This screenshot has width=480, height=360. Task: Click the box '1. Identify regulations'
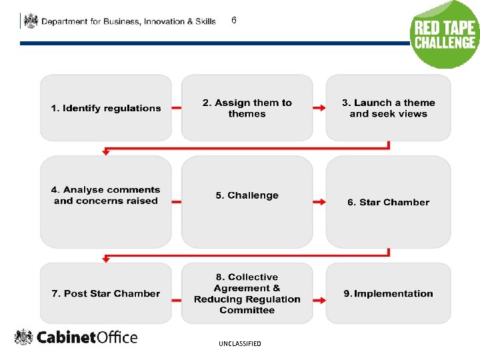[x=106, y=108]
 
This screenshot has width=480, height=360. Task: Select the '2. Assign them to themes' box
[x=247, y=108]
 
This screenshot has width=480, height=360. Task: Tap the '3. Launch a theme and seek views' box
[x=388, y=108]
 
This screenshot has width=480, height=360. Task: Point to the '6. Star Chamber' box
[x=388, y=201]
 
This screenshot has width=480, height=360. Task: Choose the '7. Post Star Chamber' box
[x=106, y=293]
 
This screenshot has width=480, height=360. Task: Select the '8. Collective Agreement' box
[x=247, y=293]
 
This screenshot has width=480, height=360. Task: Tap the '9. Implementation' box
[x=388, y=293]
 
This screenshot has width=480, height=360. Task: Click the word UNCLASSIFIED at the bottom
[x=239, y=344]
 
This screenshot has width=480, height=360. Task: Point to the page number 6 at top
[x=234, y=21]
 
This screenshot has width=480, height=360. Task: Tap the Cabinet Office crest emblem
[x=24, y=337]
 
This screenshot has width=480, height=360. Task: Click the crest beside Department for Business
[x=31, y=21]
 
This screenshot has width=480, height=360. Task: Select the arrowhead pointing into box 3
[x=323, y=108]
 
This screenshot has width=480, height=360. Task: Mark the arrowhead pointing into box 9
[x=323, y=299]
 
